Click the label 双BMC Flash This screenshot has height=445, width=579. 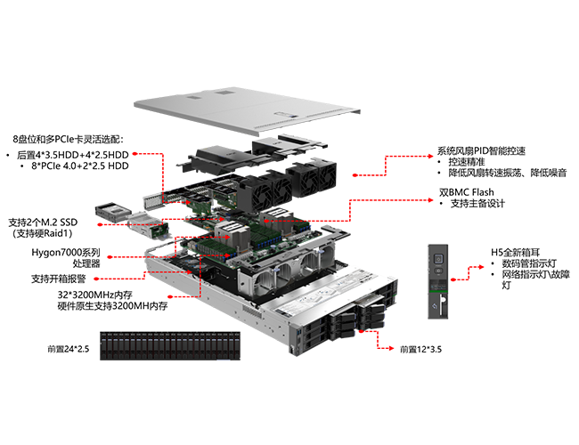click(x=467, y=192)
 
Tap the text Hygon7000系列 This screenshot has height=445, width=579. click(x=66, y=253)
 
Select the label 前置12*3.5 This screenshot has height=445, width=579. click(x=421, y=349)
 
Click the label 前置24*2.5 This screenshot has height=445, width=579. click(x=69, y=349)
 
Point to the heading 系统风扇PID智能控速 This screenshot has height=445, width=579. click(x=481, y=151)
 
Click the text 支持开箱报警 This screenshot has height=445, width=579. click(x=58, y=279)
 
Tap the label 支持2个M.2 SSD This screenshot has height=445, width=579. click(x=44, y=222)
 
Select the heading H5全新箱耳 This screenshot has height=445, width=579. click(x=516, y=253)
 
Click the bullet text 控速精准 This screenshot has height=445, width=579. click(x=467, y=162)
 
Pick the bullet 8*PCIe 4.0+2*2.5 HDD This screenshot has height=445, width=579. click(x=80, y=166)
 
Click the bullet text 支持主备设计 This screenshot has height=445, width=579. click(x=477, y=203)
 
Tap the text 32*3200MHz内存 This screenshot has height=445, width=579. click(x=95, y=295)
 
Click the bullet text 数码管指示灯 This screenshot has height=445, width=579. click(x=529, y=263)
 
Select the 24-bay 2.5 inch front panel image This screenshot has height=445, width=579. click(x=170, y=345)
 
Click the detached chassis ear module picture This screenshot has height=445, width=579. click(x=438, y=281)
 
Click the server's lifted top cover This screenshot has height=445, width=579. click(x=247, y=109)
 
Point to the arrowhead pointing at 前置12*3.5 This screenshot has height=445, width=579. click(x=392, y=348)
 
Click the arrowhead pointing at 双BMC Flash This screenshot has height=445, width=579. click(x=430, y=200)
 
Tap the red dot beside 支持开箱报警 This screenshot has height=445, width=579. click(x=96, y=279)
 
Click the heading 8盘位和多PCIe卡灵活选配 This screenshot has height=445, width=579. click(x=69, y=139)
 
